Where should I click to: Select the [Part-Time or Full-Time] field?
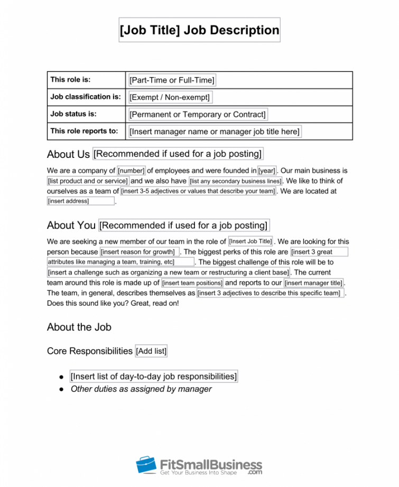pos(172,80)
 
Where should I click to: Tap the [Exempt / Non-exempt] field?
pos(170,97)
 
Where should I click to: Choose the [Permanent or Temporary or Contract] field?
pos(197,114)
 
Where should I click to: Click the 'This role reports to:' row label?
pos(84,131)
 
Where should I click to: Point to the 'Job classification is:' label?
pos(86,97)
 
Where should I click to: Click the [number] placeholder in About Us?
pos(131,171)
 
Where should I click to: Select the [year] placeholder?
pos(267,171)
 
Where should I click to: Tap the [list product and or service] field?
pos(88,181)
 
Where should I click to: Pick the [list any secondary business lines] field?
pos(235,181)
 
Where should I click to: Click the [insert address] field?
pos(80,201)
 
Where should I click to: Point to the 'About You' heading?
pos(71,226)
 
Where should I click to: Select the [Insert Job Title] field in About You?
pos(251,241)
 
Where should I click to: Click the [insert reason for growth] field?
pos(140,252)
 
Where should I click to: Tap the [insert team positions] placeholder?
pos(192,283)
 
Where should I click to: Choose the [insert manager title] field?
pos(313,283)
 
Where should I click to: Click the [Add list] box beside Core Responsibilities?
pos(152,351)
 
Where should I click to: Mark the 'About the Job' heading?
pos(79,327)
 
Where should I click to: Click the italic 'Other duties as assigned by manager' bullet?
pos(141,389)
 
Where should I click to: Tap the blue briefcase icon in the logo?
pos(146,465)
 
